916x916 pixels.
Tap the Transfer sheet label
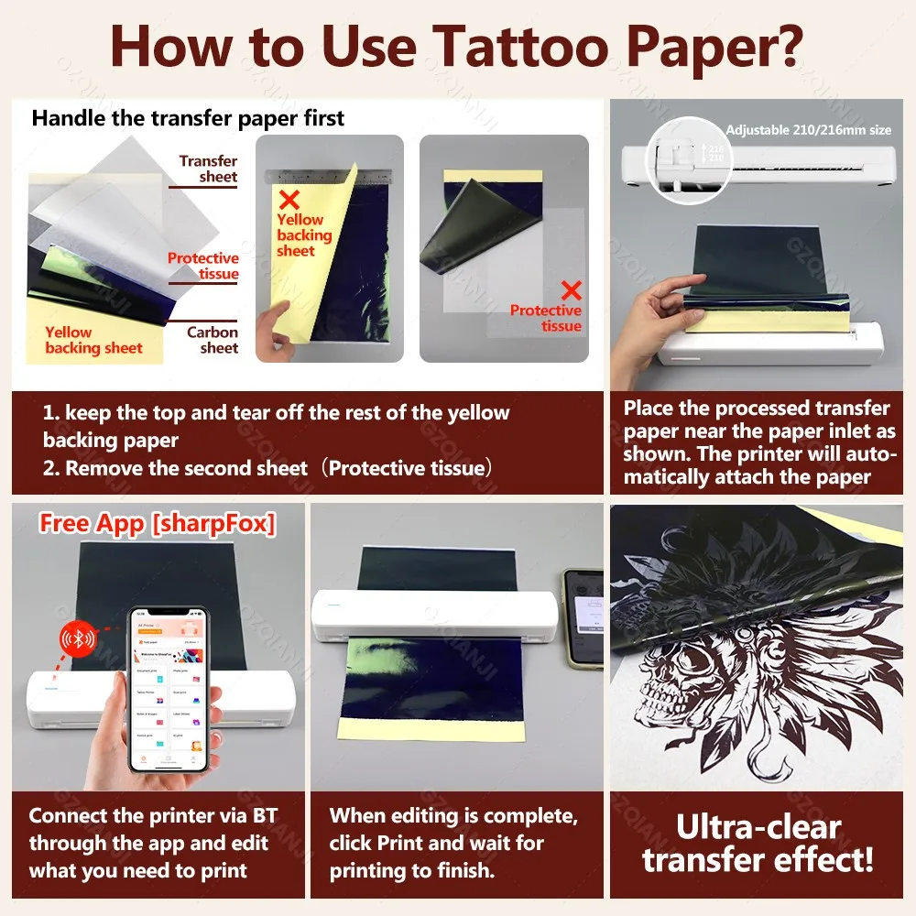(x=209, y=169)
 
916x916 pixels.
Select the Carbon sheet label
(x=213, y=340)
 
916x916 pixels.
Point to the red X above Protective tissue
(x=572, y=291)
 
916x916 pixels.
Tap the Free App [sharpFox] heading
(x=157, y=524)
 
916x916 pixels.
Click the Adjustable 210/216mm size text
(x=807, y=130)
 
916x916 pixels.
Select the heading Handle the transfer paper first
(x=188, y=118)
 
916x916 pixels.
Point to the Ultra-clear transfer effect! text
(x=758, y=843)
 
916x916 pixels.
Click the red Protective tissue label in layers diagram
(x=202, y=266)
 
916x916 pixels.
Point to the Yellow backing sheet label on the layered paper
(x=93, y=340)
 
